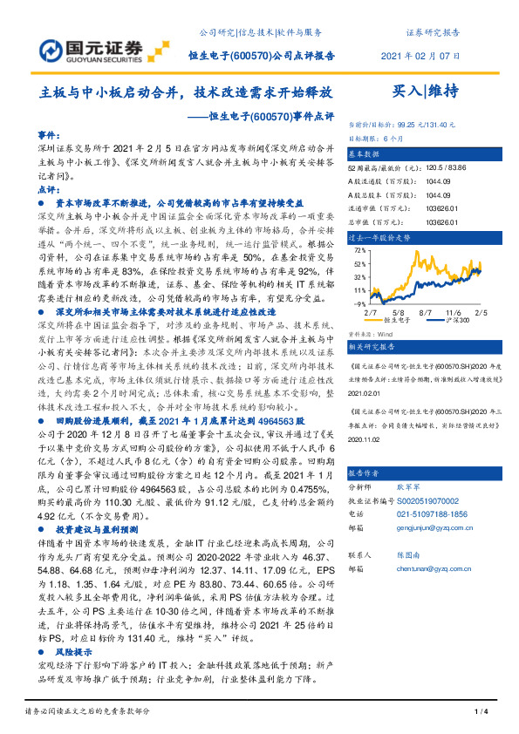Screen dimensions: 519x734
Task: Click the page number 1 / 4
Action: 480,712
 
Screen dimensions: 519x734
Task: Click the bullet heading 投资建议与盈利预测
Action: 98,554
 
